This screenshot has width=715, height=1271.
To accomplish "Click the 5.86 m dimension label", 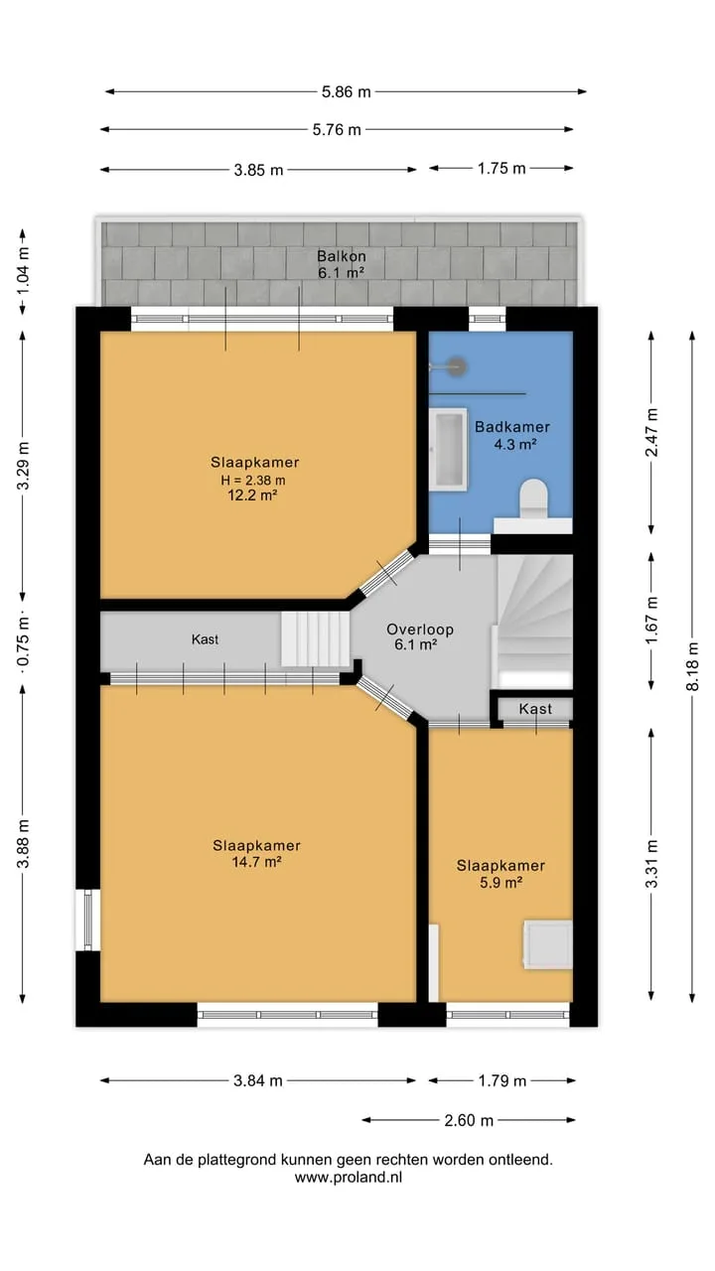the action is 347,92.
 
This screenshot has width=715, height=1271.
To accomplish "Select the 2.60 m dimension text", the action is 469,1120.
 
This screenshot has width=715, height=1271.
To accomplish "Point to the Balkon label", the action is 341,256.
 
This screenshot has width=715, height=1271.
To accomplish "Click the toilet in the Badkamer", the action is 534,498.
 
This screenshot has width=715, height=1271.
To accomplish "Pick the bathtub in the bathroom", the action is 448,450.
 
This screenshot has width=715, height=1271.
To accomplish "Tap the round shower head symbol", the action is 456,367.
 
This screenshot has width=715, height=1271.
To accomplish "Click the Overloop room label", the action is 420,630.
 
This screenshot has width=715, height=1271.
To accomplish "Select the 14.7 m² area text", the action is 257,862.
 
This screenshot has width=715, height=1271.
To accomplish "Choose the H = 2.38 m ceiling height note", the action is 253,480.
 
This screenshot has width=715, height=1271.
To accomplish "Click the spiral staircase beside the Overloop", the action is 534,622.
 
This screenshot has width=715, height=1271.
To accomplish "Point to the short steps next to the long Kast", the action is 315,638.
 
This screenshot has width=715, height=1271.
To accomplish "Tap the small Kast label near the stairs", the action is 535,709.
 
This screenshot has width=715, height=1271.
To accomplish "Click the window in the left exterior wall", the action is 88,919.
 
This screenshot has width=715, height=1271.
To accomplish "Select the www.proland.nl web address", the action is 348,1178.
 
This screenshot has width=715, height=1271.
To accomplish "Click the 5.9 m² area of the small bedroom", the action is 500,883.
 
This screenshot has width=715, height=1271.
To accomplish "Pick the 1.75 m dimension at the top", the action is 501,169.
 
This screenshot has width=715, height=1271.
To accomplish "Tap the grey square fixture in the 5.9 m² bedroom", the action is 547,944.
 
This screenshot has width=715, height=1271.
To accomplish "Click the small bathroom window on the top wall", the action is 487,319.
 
